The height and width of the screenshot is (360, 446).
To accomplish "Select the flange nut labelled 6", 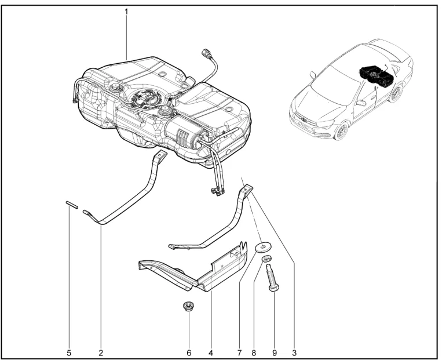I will pyautogui.click(x=189, y=306).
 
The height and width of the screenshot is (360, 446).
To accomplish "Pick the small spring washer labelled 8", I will pyautogui.click(x=266, y=259).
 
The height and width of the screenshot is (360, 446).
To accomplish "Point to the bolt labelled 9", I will pyautogui.click(x=272, y=278).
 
